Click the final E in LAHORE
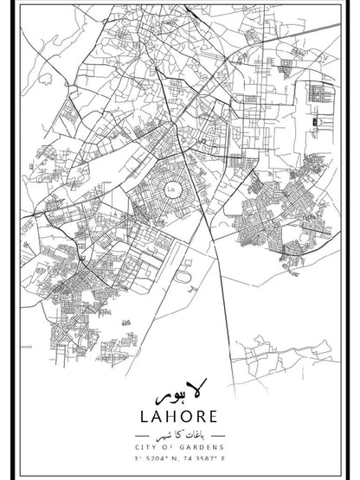point(221,418)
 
